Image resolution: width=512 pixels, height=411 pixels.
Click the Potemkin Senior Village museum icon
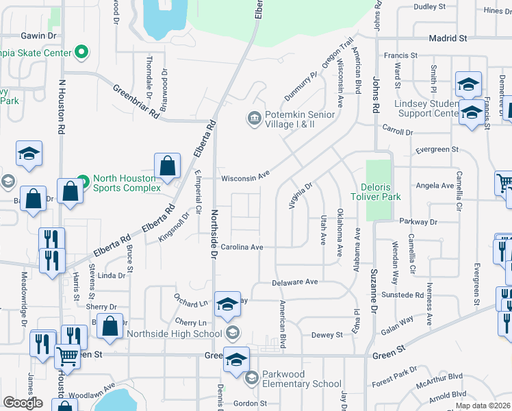click(254, 119)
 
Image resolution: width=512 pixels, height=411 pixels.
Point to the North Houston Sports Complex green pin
click(83, 182)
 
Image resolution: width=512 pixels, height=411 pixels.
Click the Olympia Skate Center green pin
click(81, 52)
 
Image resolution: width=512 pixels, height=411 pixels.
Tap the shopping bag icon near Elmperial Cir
click(167, 166)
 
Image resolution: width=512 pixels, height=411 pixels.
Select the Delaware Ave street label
click(295, 282)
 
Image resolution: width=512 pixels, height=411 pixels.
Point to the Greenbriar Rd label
click(136, 101)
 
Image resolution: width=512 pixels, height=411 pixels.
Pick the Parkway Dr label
click(419, 222)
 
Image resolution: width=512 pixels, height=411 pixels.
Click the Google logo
click(23, 403)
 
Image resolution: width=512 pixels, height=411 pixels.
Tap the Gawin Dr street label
click(38, 35)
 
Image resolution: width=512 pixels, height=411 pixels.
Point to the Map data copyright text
click(482, 406)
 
